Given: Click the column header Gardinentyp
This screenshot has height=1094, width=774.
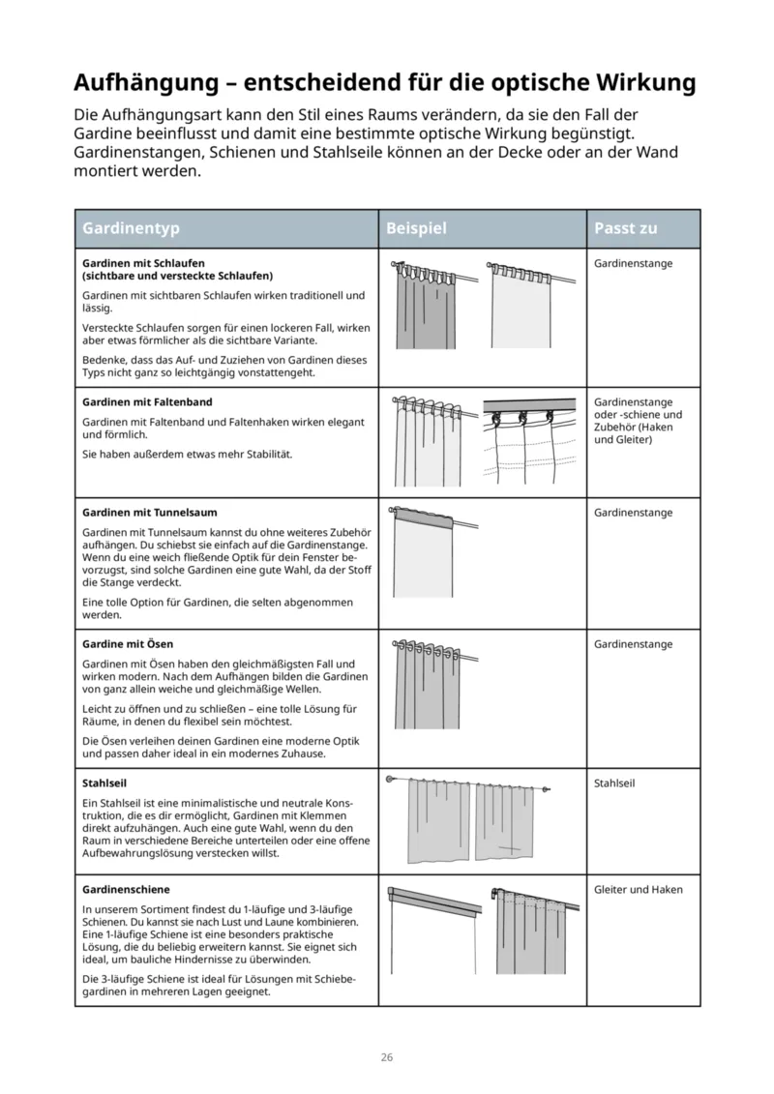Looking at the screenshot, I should click(x=131, y=228).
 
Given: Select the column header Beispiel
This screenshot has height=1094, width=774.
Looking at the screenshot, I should click(x=416, y=228).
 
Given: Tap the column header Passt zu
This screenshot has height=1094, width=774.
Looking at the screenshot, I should click(x=626, y=228).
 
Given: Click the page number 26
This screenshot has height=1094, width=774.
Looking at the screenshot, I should click(x=386, y=1057).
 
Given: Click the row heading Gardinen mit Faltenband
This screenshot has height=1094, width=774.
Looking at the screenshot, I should click(x=147, y=401).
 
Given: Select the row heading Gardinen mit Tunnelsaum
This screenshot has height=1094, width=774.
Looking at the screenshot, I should click(x=149, y=512).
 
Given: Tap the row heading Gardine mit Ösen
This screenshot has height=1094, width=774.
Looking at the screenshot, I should click(x=128, y=643).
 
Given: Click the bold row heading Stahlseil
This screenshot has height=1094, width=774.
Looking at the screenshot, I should click(x=105, y=783).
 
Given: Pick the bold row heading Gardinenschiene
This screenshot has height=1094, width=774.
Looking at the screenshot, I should click(x=126, y=888).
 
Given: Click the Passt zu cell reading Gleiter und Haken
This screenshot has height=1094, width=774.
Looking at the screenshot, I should click(x=638, y=889).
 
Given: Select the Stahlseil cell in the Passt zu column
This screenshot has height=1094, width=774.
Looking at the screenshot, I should click(x=613, y=784).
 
